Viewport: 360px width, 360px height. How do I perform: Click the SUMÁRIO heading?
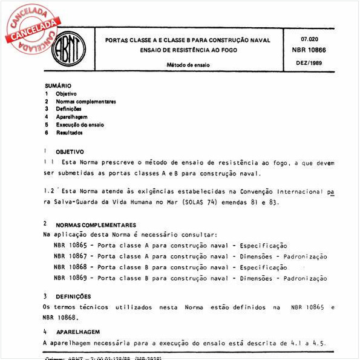[58, 86]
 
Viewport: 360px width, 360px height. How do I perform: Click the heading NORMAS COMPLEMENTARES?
[96, 224]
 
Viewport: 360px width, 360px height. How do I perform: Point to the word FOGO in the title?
[226, 50]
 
